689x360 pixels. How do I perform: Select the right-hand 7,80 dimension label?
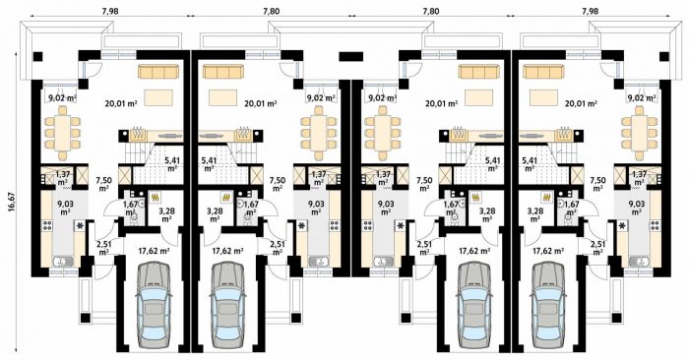tap(431, 11)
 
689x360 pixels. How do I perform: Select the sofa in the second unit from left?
tap(223, 72)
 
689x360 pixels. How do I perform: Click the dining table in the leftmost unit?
tap(62, 133)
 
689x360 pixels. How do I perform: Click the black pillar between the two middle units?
tap(351, 56)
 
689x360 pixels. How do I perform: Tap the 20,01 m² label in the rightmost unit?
tap(581, 104)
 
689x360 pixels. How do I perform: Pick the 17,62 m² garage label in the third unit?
tap(474, 251)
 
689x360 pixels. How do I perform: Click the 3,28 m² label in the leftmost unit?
tap(166, 214)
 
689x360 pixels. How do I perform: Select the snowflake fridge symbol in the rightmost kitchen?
tap(623, 226)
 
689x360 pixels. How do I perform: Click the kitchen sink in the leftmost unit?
tap(63, 262)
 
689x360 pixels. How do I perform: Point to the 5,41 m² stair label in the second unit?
tap(209, 163)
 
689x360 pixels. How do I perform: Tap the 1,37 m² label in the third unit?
tap(383, 178)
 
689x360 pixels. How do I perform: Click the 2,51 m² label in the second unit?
tap(277, 248)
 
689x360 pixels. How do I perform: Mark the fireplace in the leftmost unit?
tap(138, 134)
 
